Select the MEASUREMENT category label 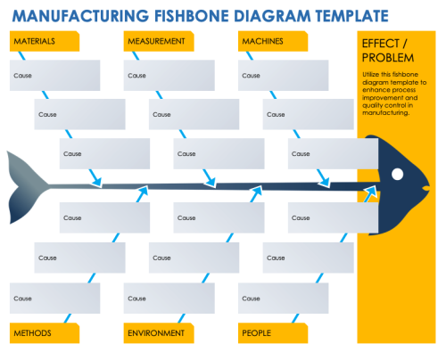[x=156, y=42]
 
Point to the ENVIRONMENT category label [x=156, y=333]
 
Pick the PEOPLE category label [x=257, y=333]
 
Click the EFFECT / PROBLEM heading [x=388, y=52]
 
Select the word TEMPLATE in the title [x=347, y=15]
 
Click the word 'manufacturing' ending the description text [x=385, y=113]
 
